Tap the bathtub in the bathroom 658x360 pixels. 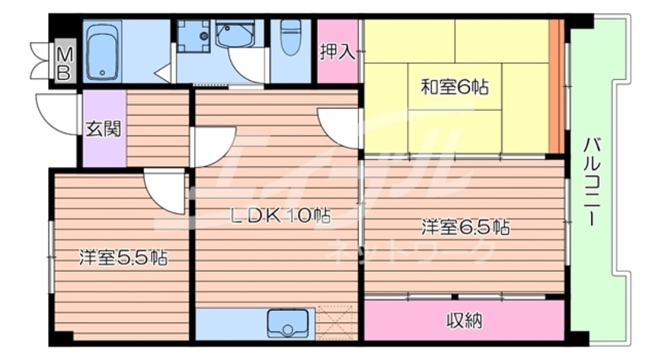click(x=103, y=51)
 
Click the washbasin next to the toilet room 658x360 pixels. click(x=235, y=33)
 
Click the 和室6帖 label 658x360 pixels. click(x=455, y=87)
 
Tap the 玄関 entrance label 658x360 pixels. click(x=103, y=129)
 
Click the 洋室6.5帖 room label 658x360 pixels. click(x=466, y=227)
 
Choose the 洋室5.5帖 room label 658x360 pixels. click(x=124, y=257)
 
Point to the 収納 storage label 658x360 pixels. click(x=464, y=320)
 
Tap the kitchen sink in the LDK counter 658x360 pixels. click(x=288, y=323)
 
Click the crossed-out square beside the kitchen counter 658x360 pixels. click(x=336, y=322)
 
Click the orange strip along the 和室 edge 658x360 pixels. click(x=556, y=86)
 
